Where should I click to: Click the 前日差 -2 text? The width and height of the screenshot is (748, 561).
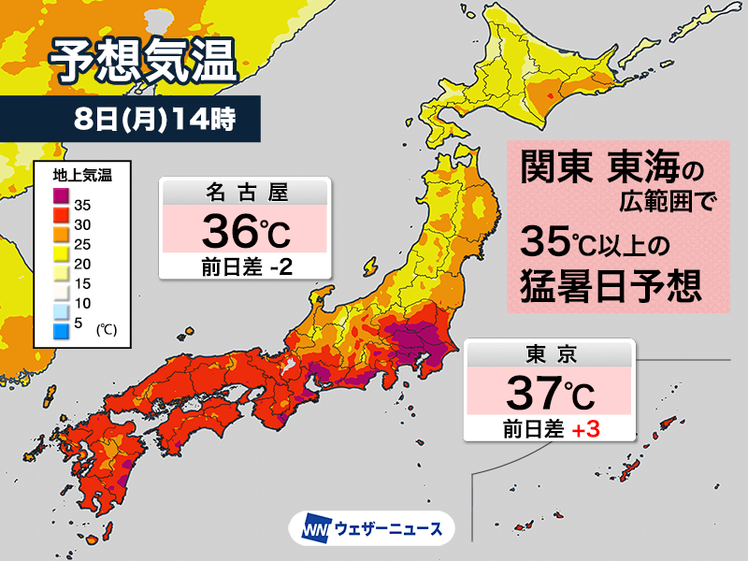click(x=245, y=266)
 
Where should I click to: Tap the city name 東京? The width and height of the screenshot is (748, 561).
click(x=551, y=355)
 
